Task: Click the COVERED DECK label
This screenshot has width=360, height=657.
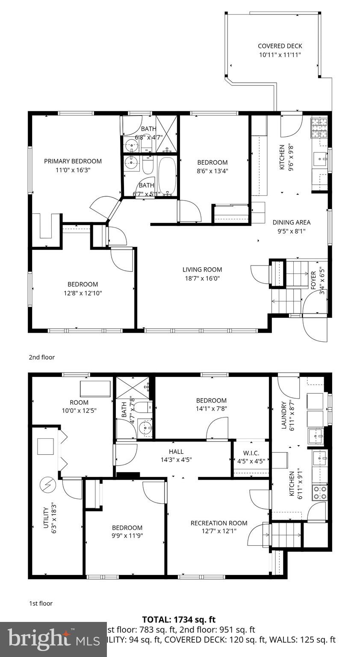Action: coord(280,46)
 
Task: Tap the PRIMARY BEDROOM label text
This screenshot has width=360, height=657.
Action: coord(73,161)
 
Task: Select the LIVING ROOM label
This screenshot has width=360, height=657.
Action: coord(202,269)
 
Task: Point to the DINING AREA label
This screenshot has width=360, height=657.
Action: coord(292,222)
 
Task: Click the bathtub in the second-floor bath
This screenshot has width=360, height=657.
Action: coord(167,176)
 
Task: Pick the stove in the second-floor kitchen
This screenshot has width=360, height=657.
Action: coord(319,128)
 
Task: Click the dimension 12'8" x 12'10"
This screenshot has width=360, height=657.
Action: coord(83,293)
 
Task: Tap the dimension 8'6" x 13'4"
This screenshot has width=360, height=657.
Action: coord(212,171)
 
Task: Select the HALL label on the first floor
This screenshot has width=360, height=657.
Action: coord(176,452)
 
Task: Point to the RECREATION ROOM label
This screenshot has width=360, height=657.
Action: coord(219,523)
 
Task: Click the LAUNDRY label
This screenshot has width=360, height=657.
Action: coord(283,415)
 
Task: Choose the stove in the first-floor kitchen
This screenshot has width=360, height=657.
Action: coord(320,492)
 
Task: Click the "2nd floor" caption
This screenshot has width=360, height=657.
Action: coord(42,357)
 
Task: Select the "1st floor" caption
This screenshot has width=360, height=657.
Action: coord(41,604)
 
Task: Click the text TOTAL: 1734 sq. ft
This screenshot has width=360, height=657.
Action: coord(179,619)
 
